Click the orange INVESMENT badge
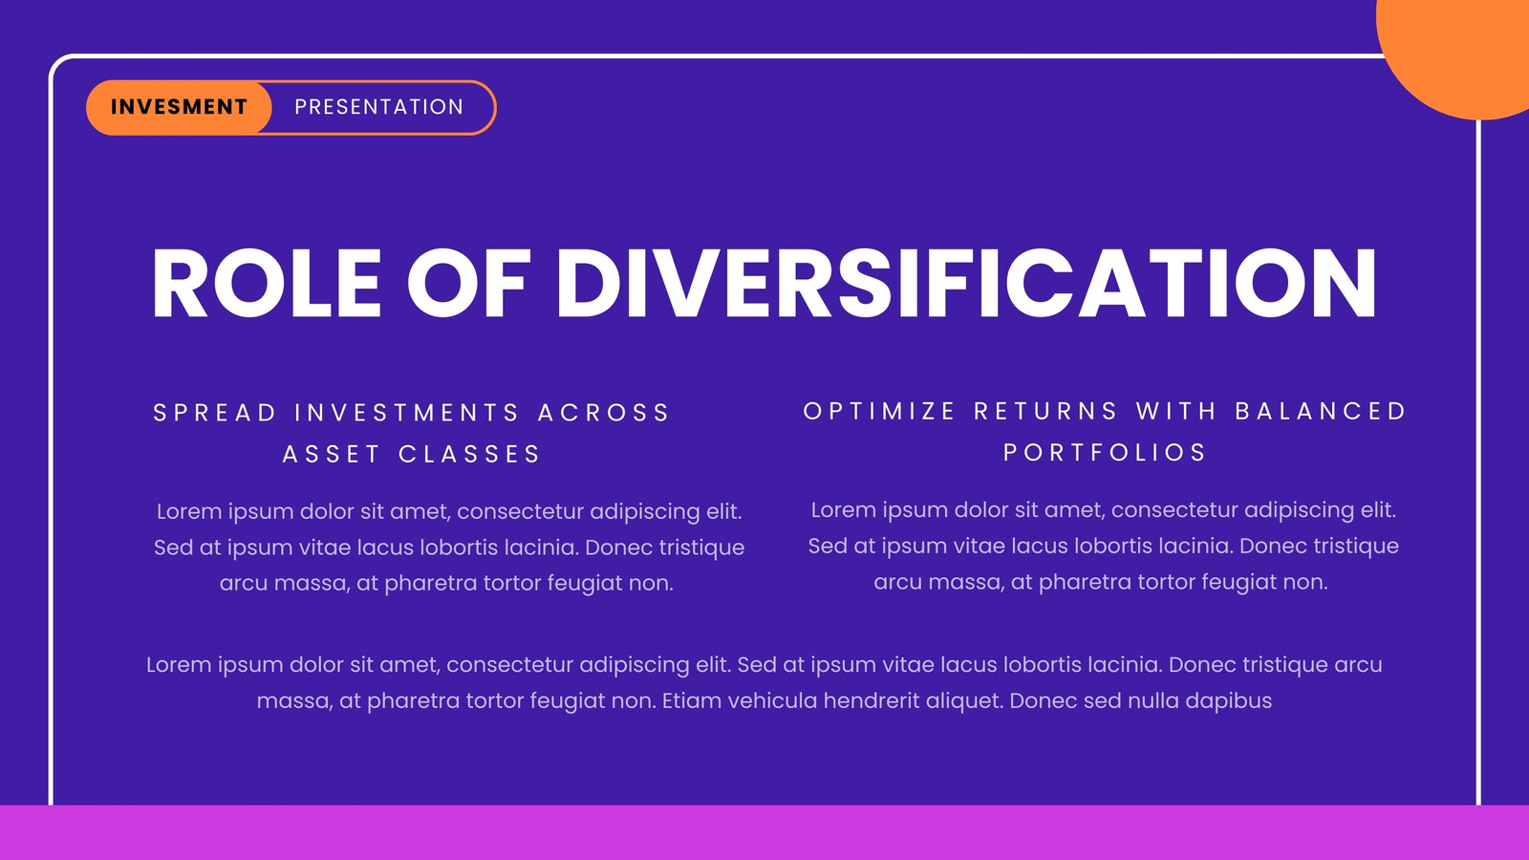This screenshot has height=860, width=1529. (179, 107)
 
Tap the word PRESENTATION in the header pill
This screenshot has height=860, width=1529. (378, 107)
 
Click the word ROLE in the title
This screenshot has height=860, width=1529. (267, 283)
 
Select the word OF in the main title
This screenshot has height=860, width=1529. (468, 283)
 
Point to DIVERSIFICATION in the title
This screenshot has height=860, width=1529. (966, 283)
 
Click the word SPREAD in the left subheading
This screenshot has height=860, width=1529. (215, 413)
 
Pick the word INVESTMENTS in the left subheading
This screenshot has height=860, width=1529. (407, 413)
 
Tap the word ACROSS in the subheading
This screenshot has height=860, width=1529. (603, 413)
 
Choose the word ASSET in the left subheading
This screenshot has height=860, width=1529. (331, 455)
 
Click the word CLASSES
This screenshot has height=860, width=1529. (469, 455)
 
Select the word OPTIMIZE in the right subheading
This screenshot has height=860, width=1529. (879, 412)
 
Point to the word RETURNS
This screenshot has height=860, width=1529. (1045, 412)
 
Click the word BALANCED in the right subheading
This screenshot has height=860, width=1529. (1321, 412)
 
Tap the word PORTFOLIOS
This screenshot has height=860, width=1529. (1105, 453)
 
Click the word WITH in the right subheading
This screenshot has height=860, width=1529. (1176, 412)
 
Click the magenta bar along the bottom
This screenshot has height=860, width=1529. (764, 832)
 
